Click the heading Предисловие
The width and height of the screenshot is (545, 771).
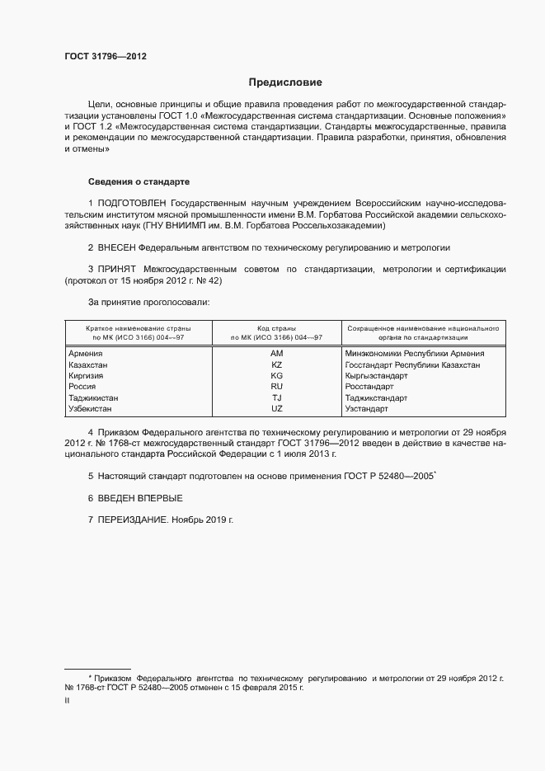pyautogui.click(x=285, y=82)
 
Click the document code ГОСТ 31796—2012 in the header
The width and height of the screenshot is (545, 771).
pyautogui.click(x=106, y=56)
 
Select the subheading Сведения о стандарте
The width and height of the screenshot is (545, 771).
pyautogui.click(x=139, y=181)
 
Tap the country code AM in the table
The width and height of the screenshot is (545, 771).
pyautogui.click(x=276, y=353)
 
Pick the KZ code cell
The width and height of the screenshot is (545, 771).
pyautogui.click(x=276, y=364)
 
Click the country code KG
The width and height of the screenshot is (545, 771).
pyautogui.click(x=276, y=375)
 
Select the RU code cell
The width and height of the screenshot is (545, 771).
pyautogui.click(x=276, y=386)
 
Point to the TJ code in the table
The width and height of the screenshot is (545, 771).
pyautogui.click(x=276, y=397)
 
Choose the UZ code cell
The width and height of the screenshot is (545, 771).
pyautogui.click(x=276, y=408)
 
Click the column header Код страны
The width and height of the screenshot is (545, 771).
pyautogui.click(x=276, y=327)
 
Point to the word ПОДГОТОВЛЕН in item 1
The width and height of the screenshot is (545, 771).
pyautogui.click(x=132, y=203)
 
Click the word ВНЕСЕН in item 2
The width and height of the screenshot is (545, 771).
pyautogui.click(x=117, y=247)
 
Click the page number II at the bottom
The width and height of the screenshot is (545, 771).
pyautogui.click(x=67, y=700)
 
